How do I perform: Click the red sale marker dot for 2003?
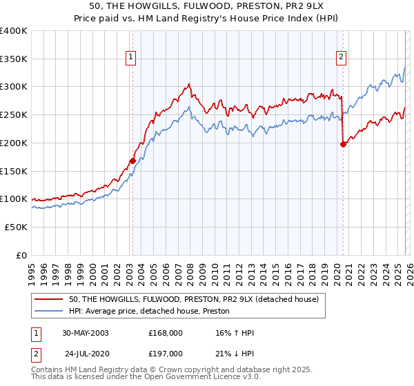pos(132,161)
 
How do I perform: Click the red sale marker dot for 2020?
pos(343,144)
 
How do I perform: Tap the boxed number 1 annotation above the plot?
pos(131,58)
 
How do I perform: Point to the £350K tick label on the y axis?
pos(14,59)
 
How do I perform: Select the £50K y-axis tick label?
pos(16,227)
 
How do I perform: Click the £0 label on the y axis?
pos(21,255)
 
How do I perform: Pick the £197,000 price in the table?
pos(165,353)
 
